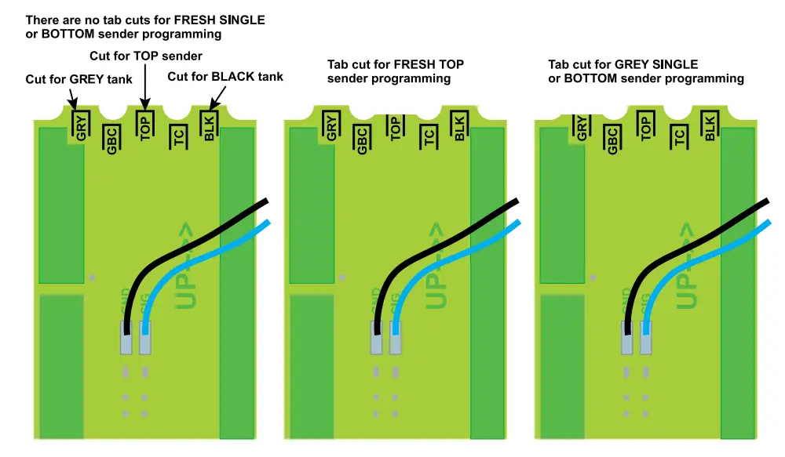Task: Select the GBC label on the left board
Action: tap(112, 140)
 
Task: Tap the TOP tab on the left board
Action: tap(144, 126)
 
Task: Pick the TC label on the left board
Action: tap(178, 140)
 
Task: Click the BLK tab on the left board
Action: tap(209, 126)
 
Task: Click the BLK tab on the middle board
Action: tap(459, 126)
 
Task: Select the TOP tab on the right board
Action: tap(646, 126)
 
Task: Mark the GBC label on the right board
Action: tap(613, 140)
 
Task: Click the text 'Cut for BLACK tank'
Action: tap(225, 77)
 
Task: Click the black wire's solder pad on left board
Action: tap(126, 339)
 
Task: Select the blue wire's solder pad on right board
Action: tap(645, 339)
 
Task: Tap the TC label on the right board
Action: tap(679, 140)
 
